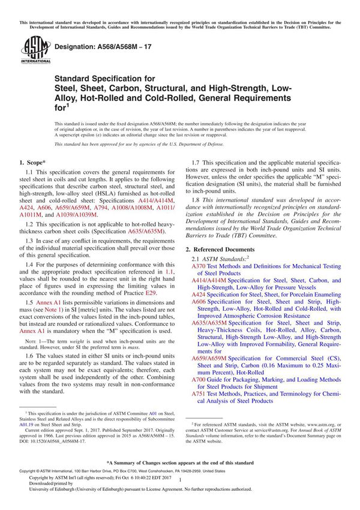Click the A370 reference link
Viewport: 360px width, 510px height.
(x=198, y=265)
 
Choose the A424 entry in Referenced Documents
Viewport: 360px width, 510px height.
(x=198, y=295)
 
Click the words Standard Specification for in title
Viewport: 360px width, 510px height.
(x=104, y=78)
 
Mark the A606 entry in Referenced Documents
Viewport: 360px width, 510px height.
(x=198, y=303)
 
